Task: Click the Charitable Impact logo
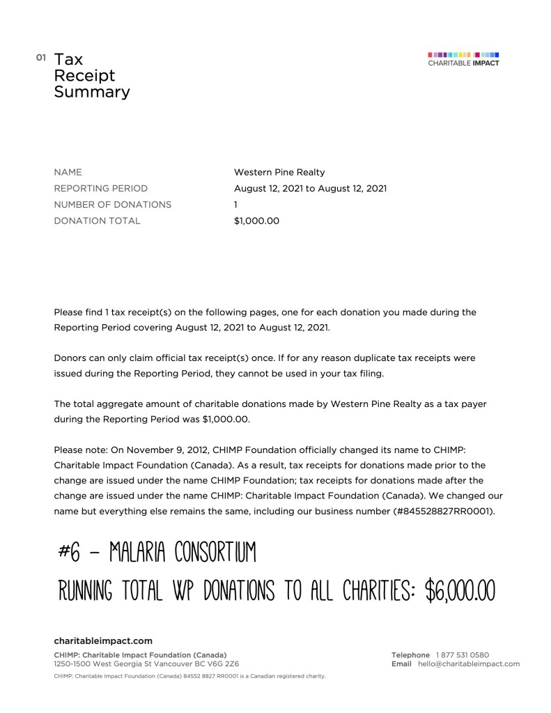(463, 59)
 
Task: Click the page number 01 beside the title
(40, 56)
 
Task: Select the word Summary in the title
(92, 92)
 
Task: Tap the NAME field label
(68, 172)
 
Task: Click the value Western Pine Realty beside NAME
(279, 172)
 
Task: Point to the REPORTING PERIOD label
(101, 188)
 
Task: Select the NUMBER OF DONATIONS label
(112, 204)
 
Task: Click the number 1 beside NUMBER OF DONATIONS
(236, 204)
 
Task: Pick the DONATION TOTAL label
(97, 221)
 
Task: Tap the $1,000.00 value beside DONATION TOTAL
(256, 221)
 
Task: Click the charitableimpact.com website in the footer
(103, 641)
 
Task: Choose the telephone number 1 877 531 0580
(463, 655)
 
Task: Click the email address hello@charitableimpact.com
(469, 664)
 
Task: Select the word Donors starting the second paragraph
(70, 358)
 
